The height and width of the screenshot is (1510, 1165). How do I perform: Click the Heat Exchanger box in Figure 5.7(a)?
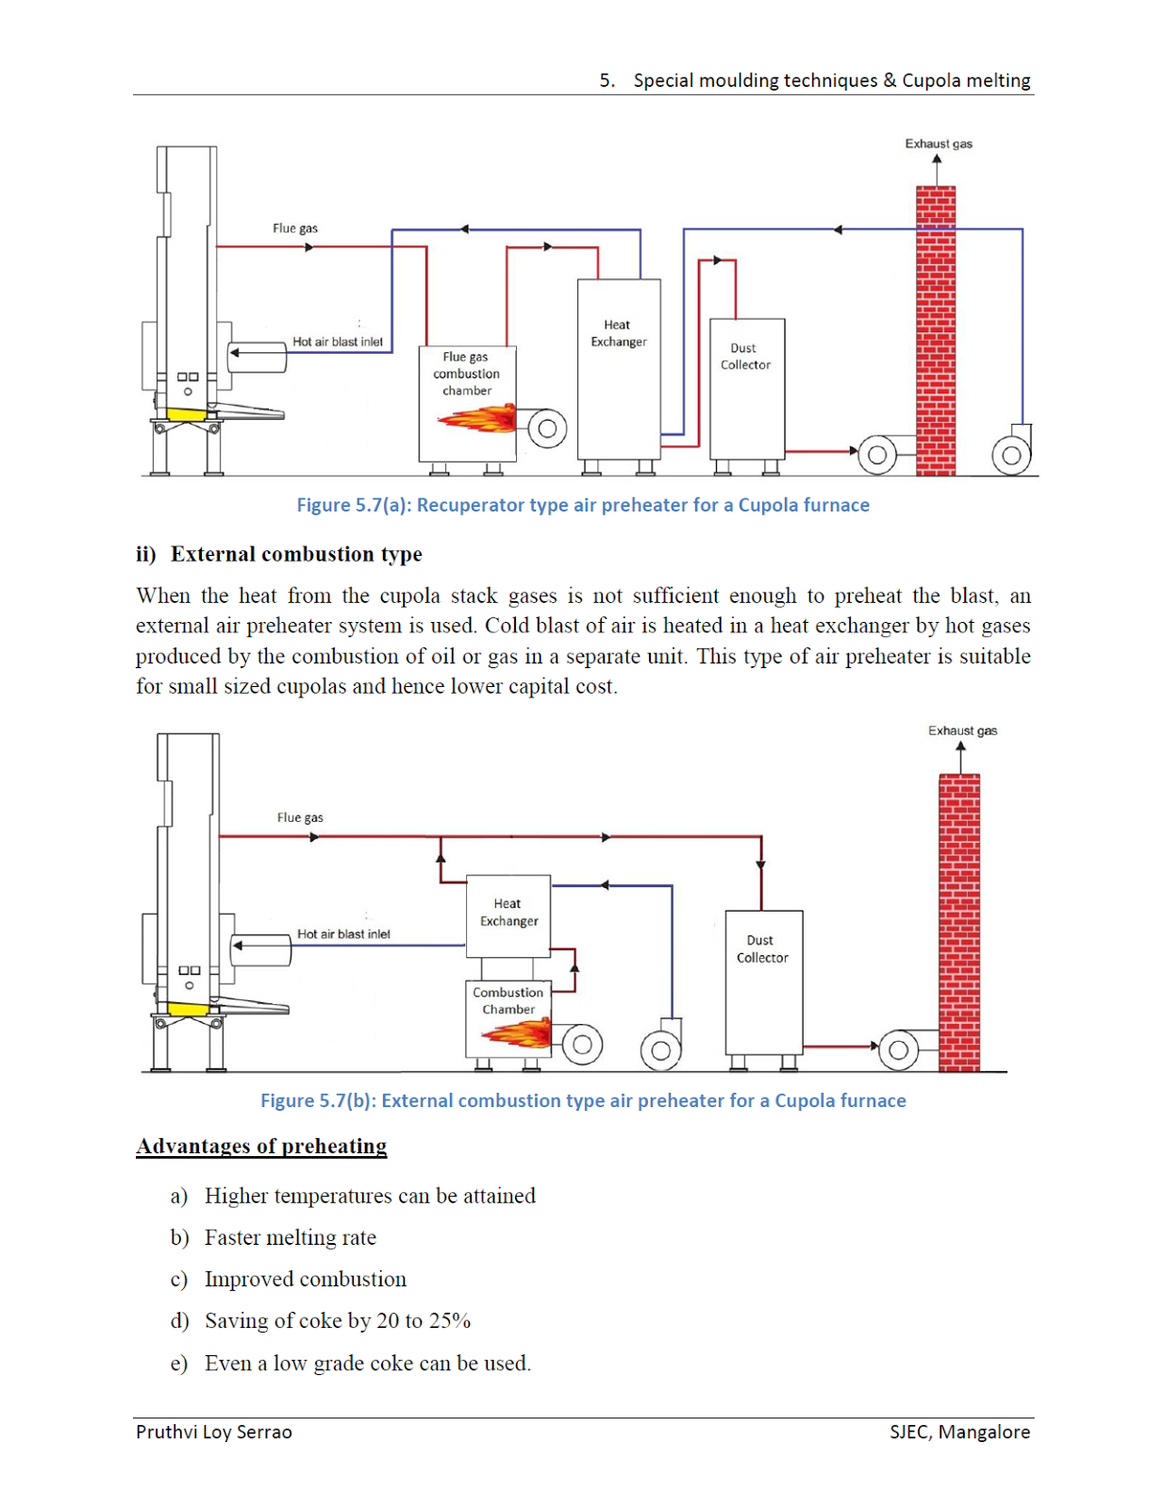click(x=619, y=369)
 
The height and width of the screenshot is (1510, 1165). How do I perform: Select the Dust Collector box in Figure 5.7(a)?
click(x=747, y=389)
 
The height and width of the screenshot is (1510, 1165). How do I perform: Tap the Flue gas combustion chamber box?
click(x=467, y=404)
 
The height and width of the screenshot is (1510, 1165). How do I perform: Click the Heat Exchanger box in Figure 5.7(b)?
click(x=508, y=916)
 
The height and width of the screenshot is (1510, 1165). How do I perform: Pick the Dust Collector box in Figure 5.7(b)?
click(x=764, y=982)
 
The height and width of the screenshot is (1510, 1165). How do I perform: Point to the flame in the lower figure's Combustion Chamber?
click(x=517, y=1033)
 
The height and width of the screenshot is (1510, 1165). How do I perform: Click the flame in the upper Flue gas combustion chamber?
click(x=477, y=418)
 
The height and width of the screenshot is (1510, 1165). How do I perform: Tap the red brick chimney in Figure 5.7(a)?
click(x=936, y=330)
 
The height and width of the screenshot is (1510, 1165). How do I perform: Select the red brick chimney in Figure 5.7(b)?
click(x=959, y=923)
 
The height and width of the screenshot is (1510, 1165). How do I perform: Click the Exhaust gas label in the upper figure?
click(x=939, y=143)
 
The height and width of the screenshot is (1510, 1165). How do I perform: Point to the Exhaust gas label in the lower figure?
click(x=962, y=730)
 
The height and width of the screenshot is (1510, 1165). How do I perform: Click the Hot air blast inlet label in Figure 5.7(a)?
click(x=338, y=342)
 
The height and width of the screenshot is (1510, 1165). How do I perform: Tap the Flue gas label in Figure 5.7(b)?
click(x=300, y=817)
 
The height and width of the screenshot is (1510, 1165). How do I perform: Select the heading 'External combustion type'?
click(x=296, y=554)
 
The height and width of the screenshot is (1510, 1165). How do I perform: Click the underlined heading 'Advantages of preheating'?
click(x=261, y=1146)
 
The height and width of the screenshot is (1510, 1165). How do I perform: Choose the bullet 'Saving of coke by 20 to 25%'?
click(x=338, y=1320)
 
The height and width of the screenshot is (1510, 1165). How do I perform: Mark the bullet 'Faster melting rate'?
click(x=291, y=1237)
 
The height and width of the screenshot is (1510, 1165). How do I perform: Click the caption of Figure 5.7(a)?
click(x=583, y=505)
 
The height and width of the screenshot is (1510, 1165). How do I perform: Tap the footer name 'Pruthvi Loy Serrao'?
click(x=214, y=1432)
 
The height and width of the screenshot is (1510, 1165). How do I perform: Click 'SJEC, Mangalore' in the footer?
click(x=960, y=1432)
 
